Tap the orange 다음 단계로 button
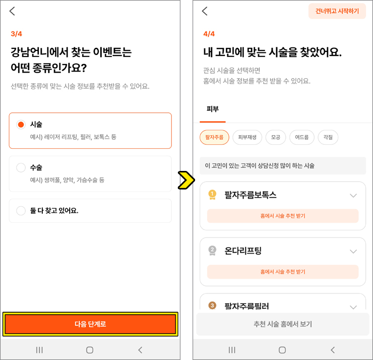coord(90,324)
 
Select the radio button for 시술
coord(21,125)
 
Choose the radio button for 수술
coord(21,167)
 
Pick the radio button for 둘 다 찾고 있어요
coord(21,211)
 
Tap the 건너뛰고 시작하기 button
coord(337,11)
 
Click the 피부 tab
coord(212,109)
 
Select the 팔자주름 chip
coord(214,137)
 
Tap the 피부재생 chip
coord(247,137)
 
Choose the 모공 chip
coord(276,137)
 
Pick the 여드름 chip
coord(302,137)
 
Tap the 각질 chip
coord(328,137)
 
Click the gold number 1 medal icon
coord(212,195)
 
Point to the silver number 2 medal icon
coord(212,251)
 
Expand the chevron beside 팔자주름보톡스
coord(353,196)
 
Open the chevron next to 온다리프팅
coord(353,251)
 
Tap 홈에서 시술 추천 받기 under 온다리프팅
coord(283,272)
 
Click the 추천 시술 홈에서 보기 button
coord(283,324)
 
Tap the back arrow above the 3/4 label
coord(12,11)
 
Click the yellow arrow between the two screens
coord(186,180)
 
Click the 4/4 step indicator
coord(209,34)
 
